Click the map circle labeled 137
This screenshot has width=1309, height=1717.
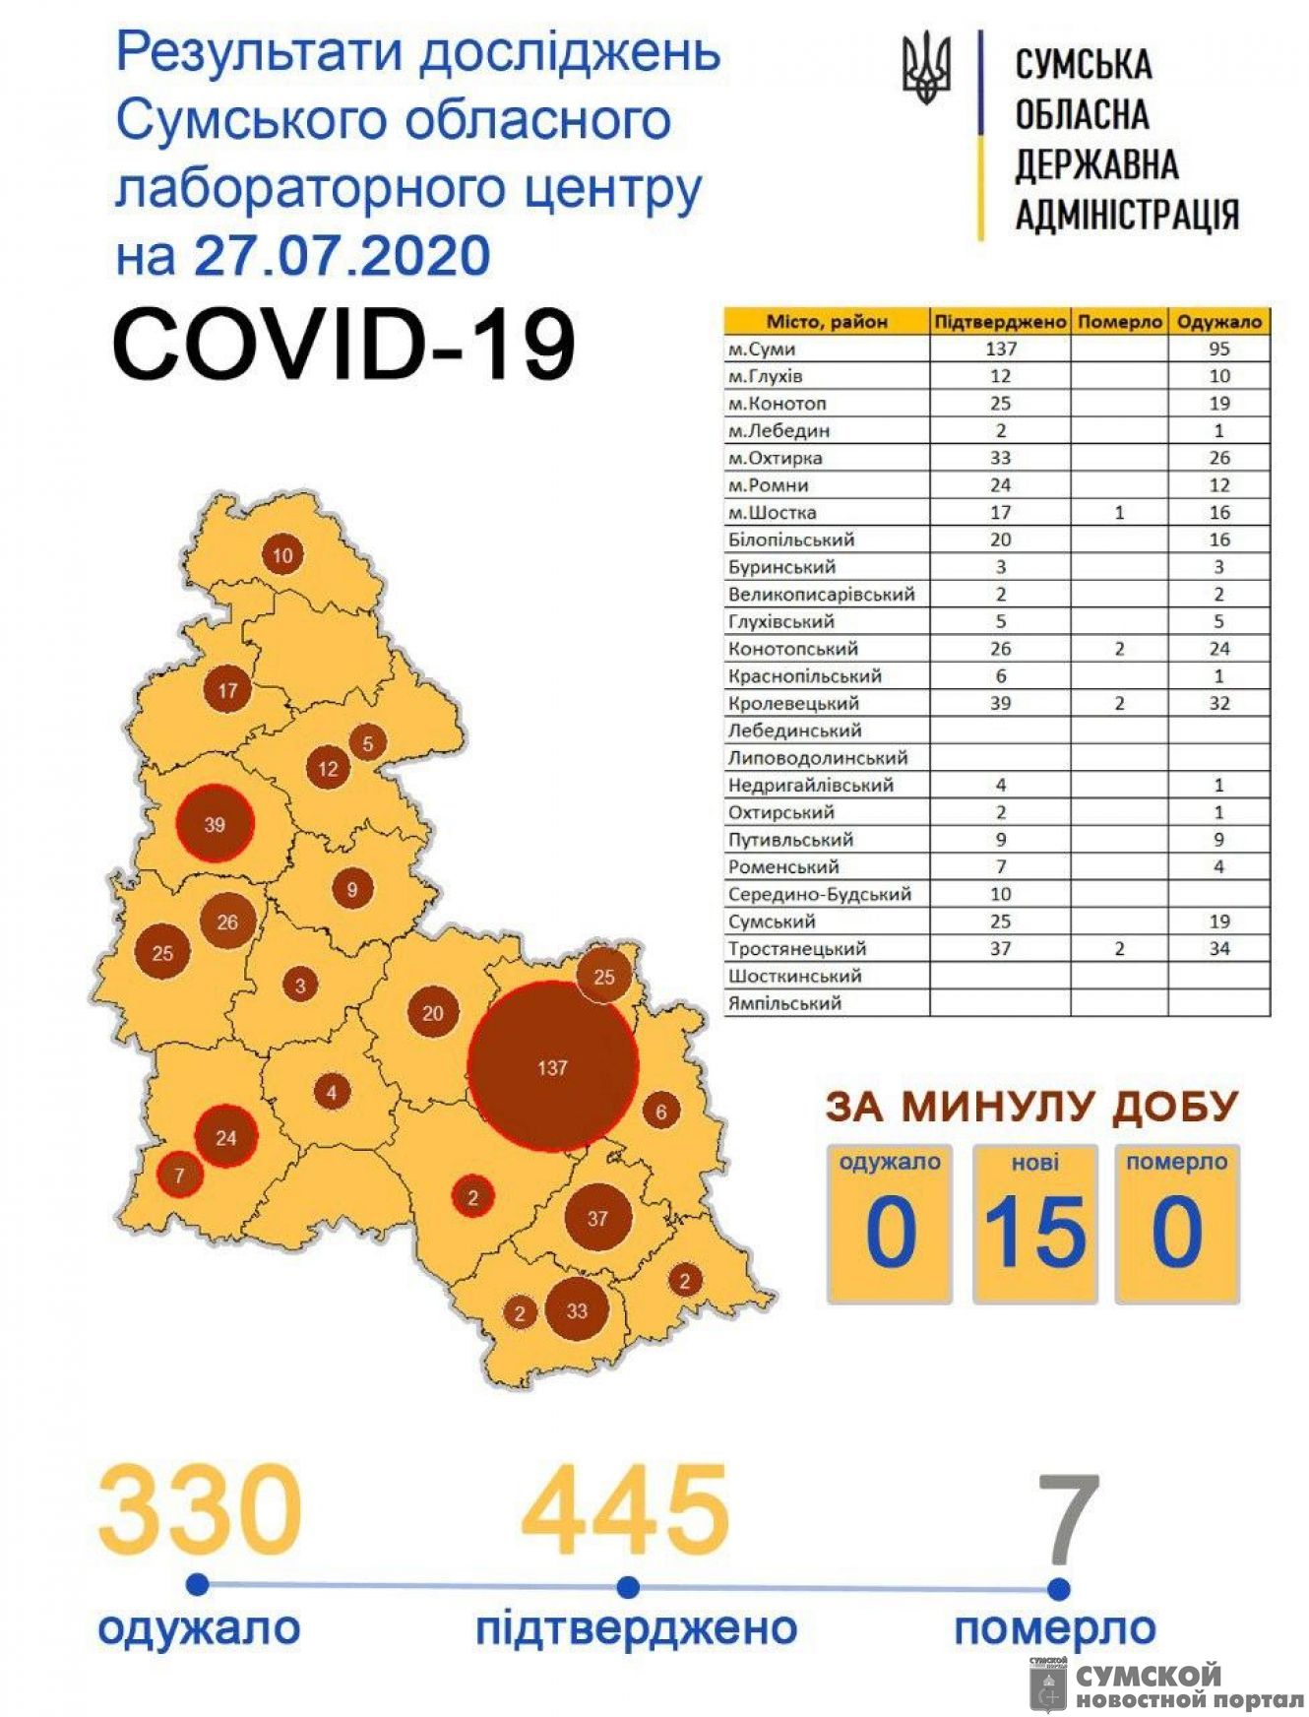[552, 1067]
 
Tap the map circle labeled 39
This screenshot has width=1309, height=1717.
[215, 824]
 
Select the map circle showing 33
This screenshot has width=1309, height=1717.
[577, 1310]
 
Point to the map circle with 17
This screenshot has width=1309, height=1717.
[227, 690]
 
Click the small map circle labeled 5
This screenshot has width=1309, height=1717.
[368, 743]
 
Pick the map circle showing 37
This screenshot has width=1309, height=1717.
[597, 1218]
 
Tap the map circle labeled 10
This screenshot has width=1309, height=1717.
[282, 555]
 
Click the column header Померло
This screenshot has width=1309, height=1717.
[1119, 322]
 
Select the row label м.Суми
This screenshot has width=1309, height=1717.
[762, 349]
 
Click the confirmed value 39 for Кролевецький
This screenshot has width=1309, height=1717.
[1000, 703]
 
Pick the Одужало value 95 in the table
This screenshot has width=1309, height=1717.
[1219, 349]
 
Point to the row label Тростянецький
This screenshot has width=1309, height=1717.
[797, 949]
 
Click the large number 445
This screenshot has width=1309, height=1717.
[626, 1510]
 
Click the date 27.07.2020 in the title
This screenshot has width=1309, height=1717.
[343, 255]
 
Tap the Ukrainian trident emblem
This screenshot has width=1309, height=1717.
[926, 67]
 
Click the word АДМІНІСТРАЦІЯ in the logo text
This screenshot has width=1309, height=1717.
[1127, 215]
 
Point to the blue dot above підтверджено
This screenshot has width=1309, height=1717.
[628, 1587]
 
